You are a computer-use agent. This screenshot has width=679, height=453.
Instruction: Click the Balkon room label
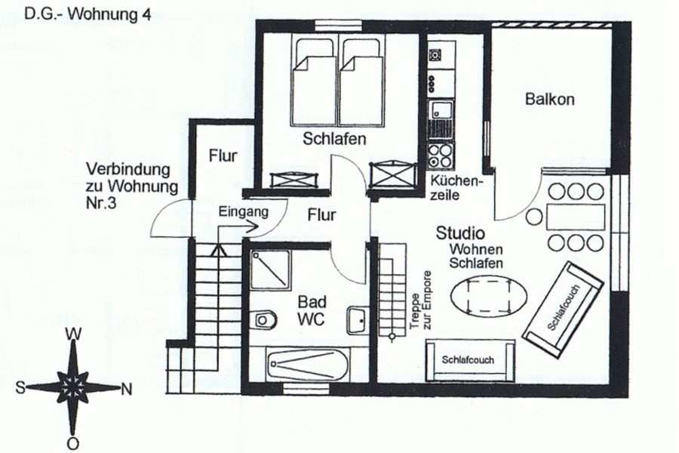coord(549,99)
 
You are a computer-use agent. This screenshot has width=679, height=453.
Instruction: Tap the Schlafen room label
coord(334,139)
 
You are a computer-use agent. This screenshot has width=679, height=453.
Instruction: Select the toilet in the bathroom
coord(266,320)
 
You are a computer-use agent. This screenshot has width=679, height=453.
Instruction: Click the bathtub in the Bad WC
coord(308,365)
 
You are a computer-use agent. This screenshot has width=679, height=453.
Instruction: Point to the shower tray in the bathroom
coord(271,270)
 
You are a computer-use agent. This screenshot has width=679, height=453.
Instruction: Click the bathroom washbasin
coord(358,320)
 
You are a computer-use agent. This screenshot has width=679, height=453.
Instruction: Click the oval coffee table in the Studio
coord(489,296)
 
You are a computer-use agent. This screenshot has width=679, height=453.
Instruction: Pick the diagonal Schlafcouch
coord(564,308)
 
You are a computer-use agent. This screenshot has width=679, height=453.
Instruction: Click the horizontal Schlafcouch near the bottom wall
coord(471,360)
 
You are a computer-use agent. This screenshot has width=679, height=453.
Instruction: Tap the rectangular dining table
coord(576,217)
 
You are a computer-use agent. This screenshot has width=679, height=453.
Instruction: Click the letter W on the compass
coord(73,334)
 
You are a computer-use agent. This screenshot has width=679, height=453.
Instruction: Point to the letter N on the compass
coord(126,390)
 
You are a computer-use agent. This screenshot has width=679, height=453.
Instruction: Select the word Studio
coord(460,233)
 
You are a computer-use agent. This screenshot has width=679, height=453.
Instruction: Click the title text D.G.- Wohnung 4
coord(88,14)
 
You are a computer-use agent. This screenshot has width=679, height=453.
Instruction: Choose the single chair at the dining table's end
coord(535,217)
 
